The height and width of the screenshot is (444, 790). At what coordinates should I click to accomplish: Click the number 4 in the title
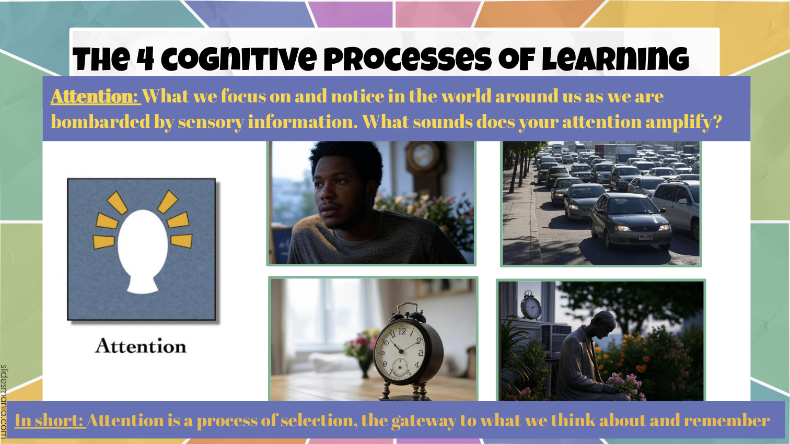145,59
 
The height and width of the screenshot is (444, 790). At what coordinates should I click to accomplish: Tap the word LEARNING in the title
615,59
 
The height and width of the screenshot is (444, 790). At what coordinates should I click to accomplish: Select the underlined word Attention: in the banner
96,96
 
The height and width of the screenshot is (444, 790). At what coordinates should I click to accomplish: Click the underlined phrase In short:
50,420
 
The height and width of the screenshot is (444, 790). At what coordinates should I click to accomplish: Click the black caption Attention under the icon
141,346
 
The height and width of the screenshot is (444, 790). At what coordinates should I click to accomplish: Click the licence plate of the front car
645,236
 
